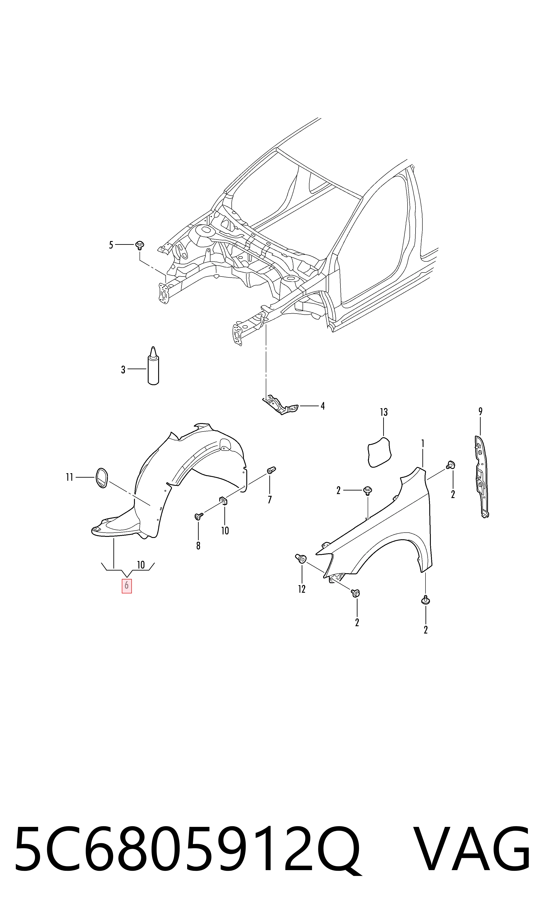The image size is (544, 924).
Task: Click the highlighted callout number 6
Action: click(126, 586)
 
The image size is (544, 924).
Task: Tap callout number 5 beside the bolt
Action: click(111, 245)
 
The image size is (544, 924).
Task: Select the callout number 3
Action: click(123, 369)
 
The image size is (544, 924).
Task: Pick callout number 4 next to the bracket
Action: click(323, 406)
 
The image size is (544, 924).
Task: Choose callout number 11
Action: click(69, 477)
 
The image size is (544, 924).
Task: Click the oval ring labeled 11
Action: click(101, 477)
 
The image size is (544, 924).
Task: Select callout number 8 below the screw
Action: click(198, 546)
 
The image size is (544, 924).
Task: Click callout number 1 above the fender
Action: click(423, 444)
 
